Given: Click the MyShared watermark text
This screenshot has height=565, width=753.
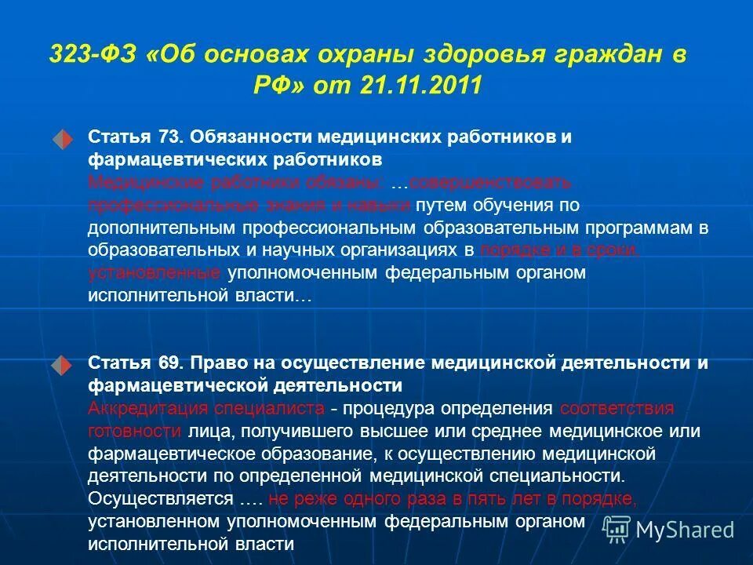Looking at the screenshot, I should (684, 530).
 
